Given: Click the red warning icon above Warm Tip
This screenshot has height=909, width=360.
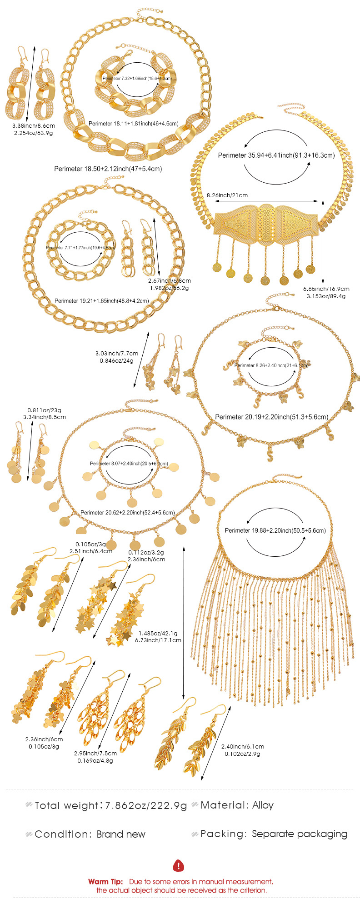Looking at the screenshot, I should pos(180,865).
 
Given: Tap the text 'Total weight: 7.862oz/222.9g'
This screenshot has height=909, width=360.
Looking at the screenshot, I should pos(110,805).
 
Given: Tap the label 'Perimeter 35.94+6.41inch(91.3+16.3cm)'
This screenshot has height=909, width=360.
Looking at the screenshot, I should pos(276,155).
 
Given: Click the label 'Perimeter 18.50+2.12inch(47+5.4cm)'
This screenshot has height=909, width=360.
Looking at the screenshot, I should pos(108,169).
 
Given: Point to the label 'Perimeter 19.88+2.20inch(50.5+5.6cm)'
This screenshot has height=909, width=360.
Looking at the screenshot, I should pos(275,530).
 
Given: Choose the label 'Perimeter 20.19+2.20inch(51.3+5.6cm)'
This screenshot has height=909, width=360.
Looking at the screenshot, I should pos(271,417).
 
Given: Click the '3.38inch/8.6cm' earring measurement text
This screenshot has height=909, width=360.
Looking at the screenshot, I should pos(34,125).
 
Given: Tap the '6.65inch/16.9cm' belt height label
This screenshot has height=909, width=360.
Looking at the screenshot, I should pos(326,289).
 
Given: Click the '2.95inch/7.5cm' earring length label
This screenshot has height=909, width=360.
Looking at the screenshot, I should pos(95,753).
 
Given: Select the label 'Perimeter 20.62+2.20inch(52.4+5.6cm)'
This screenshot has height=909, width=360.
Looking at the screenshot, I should pos(127,512).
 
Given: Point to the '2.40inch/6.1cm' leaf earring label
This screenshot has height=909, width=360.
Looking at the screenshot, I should pos(242,746).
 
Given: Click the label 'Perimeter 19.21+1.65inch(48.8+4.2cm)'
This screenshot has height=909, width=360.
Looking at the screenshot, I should pos(101,300).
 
